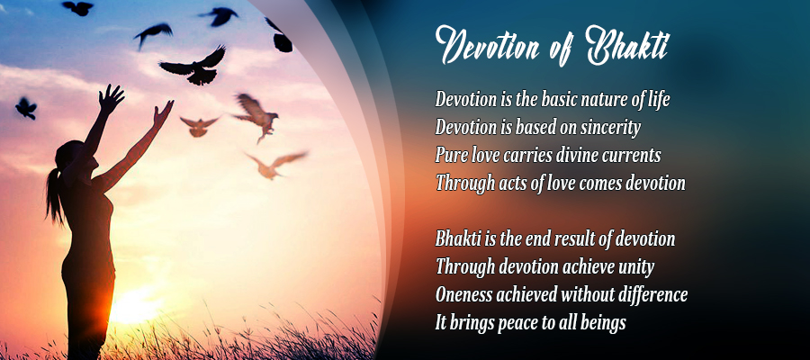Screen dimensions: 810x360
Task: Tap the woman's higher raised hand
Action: (112, 97)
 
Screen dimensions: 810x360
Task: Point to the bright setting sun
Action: (135, 306)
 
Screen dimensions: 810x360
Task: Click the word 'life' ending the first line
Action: (658, 100)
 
